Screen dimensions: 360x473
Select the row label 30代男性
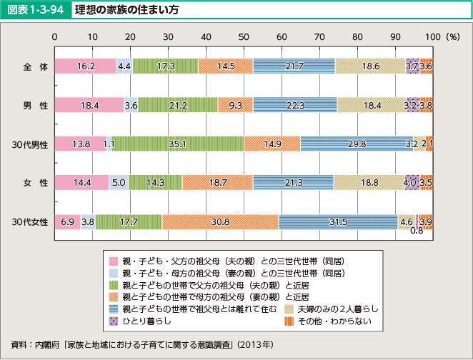(30, 144)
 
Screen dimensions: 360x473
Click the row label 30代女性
(30, 222)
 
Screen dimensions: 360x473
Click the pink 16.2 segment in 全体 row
(85, 66)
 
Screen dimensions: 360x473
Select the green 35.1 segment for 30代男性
(178, 144)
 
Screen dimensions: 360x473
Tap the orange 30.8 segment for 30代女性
(220, 222)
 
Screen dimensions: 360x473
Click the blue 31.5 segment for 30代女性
(338, 222)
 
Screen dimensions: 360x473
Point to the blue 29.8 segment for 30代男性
(357, 144)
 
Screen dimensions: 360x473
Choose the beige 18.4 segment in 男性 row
(372, 105)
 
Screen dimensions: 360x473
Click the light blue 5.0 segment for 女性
(119, 183)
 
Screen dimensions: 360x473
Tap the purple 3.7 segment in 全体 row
(412, 66)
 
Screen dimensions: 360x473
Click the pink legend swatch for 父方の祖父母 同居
(113, 260)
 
